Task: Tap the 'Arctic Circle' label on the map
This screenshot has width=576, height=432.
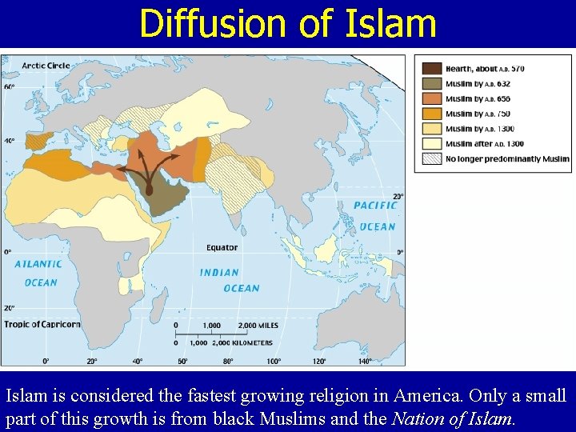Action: click(x=46, y=65)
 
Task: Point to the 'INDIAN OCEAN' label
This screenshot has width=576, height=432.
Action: click(x=230, y=280)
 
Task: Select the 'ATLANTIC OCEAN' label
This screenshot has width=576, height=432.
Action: click(x=38, y=273)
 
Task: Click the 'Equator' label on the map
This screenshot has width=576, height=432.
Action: click(x=222, y=248)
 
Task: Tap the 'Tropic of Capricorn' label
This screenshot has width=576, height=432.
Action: click(x=42, y=324)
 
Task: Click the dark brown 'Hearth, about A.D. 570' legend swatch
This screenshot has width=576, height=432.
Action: click(x=431, y=69)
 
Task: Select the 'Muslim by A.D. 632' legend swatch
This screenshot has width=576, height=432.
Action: click(x=431, y=84)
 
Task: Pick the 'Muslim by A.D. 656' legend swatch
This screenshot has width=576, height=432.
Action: click(x=431, y=98)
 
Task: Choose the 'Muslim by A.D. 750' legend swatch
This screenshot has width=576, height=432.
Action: click(x=431, y=114)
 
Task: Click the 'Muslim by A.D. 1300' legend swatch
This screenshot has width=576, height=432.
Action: click(x=431, y=129)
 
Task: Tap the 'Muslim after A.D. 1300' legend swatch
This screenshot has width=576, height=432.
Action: click(x=431, y=143)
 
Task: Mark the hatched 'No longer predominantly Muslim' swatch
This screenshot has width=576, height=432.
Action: click(x=431, y=158)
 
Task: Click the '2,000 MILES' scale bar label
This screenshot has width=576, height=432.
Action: click(x=258, y=326)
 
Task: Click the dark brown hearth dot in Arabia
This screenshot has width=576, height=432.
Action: click(x=149, y=190)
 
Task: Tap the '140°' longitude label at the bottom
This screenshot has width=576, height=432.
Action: click(x=365, y=362)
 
